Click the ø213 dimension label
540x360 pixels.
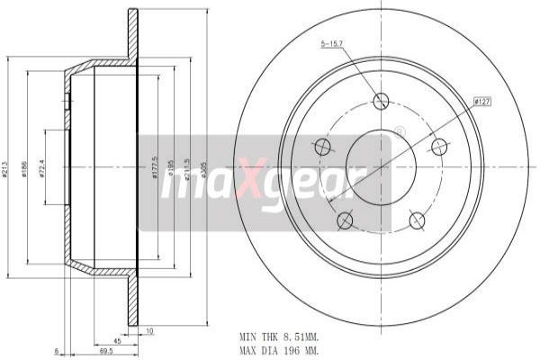(7, 170)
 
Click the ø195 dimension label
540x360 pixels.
(170, 170)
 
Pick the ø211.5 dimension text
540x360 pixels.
(186, 170)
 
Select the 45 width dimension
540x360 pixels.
(117, 341)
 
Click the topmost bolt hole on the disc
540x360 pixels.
(381, 101)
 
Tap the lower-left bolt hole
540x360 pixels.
(345, 220)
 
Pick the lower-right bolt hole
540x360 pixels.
(417, 220)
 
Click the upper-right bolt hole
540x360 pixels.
(439, 147)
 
